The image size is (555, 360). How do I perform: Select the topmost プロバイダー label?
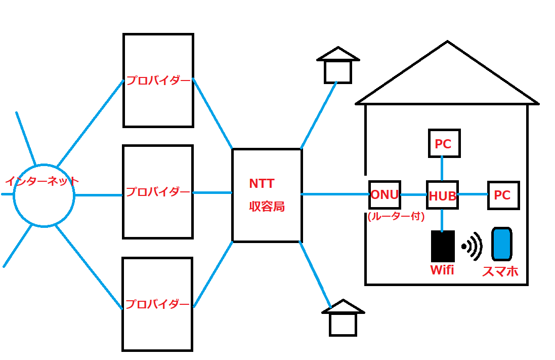tap(158, 81)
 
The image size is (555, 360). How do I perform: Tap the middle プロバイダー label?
tap(158, 192)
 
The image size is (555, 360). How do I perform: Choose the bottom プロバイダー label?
tap(157, 304)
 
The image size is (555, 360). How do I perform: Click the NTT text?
tap(262, 183)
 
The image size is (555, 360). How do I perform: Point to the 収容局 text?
tap(267, 206)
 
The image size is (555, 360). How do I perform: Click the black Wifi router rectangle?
tap(443, 246)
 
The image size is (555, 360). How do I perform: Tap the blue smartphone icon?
tap(502, 244)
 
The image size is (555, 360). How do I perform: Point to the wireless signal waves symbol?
tap(472, 246)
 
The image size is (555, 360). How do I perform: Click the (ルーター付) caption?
tap(396, 216)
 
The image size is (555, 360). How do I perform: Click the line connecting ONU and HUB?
tap(414, 194)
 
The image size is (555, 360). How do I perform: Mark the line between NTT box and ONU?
tap(335, 194)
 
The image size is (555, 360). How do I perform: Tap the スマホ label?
tap(500, 271)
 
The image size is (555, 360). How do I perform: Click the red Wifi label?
tap(442, 270)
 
